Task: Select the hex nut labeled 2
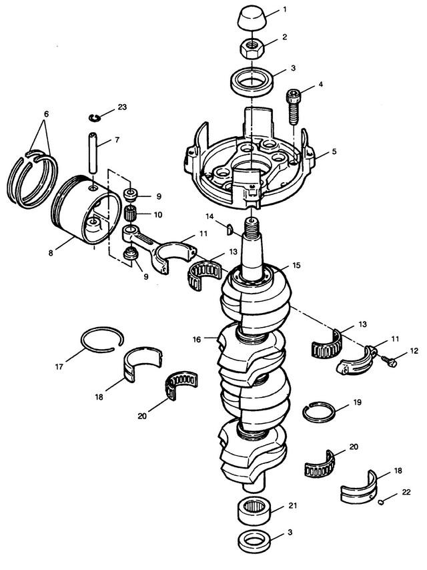[x=254, y=48]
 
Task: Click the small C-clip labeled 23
[x=97, y=118]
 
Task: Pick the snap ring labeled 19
[x=319, y=412]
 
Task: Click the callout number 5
[x=334, y=152]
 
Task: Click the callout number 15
[x=297, y=265]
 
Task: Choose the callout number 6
[x=46, y=114]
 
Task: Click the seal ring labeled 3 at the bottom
[x=254, y=539]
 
